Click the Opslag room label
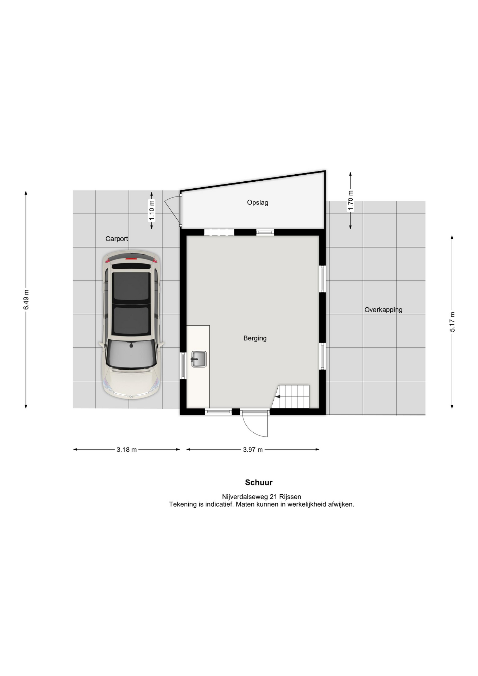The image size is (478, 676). (x=258, y=203)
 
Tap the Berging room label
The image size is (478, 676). (x=255, y=338)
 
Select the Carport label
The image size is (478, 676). (x=117, y=239)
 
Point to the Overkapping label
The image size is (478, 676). (x=383, y=310)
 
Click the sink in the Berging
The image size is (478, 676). (x=199, y=359)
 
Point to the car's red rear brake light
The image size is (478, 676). (x=131, y=259)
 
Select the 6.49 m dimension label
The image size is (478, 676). (x=26, y=300)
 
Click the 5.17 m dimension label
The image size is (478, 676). (x=452, y=322)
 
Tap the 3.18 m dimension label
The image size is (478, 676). (x=127, y=450)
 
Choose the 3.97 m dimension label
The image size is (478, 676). (x=253, y=450)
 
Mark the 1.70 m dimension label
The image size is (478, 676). (x=351, y=201)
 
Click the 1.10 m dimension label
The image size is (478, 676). (x=152, y=211)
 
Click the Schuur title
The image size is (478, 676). (x=259, y=482)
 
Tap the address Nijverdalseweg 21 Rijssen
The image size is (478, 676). (x=262, y=497)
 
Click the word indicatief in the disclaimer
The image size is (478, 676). (x=220, y=504)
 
